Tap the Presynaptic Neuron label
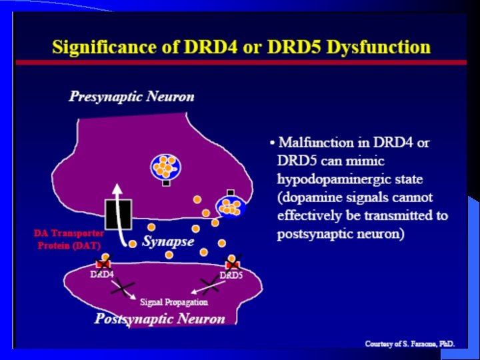(132, 97)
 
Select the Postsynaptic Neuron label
(160, 319)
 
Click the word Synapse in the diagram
(168, 241)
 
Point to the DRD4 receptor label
(102, 274)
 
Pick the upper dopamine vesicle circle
(163, 166)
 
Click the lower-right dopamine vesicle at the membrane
(231, 206)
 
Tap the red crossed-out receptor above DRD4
(103, 264)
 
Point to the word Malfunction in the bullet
(317, 142)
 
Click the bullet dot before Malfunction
(272, 143)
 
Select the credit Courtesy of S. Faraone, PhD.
(410, 344)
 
